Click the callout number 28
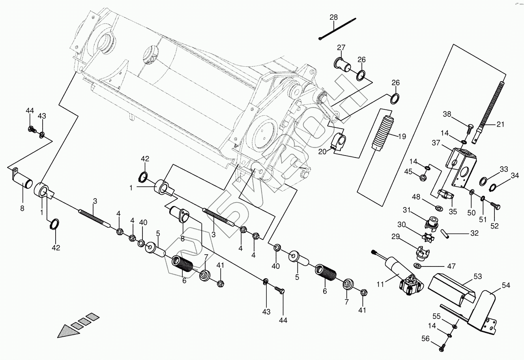pyautogui.click(x=334, y=17)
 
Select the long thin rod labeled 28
pyautogui.click(x=337, y=28)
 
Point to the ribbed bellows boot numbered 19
pyautogui.click(x=384, y=134)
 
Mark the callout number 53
pyautogui.click(x=478, y=277)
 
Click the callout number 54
pyautogui.click(x=506, y=285)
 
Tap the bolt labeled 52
pyautogui.click(x=496, y=206)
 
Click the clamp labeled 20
pyautogui.click(x=339, y=142)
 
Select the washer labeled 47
pyautogui.click(x=418, y=265)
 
